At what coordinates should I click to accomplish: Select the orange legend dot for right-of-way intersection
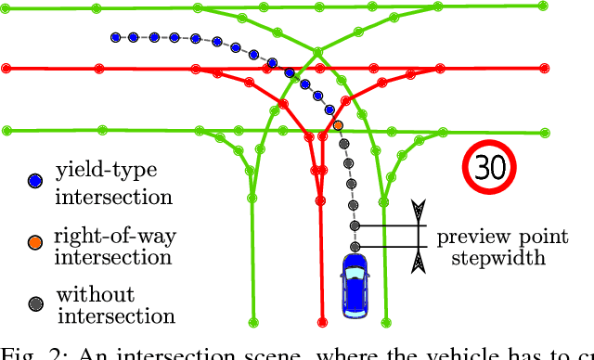[35, 242]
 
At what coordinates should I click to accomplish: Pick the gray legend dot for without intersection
[35, 303]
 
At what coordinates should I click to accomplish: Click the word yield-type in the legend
[103, 172]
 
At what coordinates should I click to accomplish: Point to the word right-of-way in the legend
[115, 235]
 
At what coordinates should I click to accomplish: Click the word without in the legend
[95, 295]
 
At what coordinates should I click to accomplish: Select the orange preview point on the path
[338, 124]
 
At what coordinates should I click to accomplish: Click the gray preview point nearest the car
[355, 247]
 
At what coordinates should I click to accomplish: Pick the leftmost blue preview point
[115, 38]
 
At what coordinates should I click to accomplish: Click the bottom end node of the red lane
[322, 322]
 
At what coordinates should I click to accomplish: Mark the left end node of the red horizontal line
[6, 69]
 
